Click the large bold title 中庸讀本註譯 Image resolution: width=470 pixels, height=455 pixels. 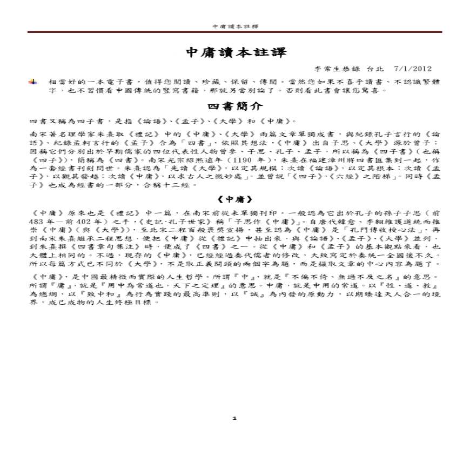coord(236,52)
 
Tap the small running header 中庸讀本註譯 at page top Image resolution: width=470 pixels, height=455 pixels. coord(236,25)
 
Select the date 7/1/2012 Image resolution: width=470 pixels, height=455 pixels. coord(413,69)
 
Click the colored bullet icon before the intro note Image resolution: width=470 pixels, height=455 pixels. coord(33,81)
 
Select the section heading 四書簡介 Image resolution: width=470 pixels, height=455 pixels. coord(236,106)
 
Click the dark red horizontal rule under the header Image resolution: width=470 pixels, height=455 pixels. coord(235,32)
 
